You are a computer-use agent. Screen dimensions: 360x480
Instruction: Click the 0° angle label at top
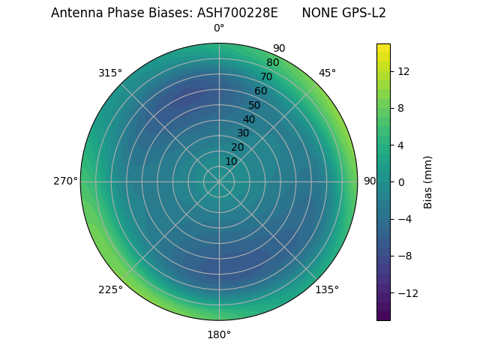(x=219, y=28)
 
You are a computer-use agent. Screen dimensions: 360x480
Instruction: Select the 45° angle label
(x=327, y=73)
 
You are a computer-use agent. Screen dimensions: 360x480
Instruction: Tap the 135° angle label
(x=327, y=289)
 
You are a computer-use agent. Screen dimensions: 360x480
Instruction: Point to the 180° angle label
(x=219, y=334)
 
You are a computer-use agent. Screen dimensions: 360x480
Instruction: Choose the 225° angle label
(x=110, y=289)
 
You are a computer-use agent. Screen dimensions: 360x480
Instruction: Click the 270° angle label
(x=65, y=181)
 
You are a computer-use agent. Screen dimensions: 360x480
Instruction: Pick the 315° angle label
(x=110, y=73)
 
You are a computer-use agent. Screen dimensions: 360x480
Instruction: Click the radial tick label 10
(x=231, y=161)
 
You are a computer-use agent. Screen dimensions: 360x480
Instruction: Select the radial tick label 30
(x=243, y=133)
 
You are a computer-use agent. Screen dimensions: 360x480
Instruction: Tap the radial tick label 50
(x=254, y=106)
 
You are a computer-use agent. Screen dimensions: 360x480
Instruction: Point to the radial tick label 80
(x=272, y=63)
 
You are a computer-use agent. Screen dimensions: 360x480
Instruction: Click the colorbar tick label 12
(x=403, y=71)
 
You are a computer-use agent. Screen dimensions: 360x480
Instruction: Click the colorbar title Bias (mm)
(x=428, y=182)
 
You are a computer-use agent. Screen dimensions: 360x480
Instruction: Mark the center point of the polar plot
(x=219, y=181)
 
